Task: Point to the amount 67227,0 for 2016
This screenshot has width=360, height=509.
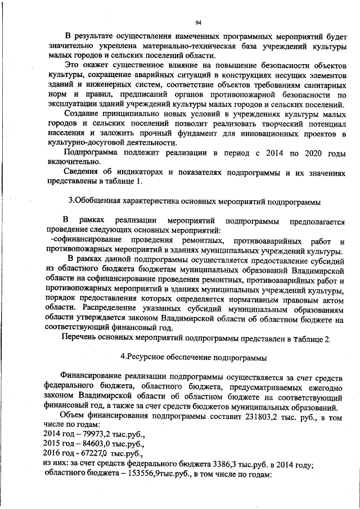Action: (x=93, y=453)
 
